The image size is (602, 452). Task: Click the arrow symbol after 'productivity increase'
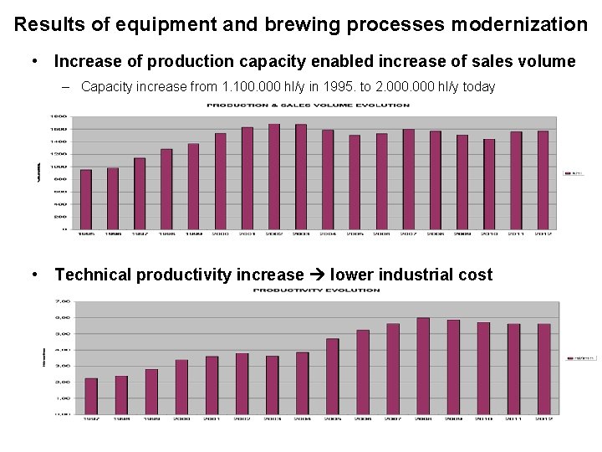point(317,275)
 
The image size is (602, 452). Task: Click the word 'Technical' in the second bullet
point(94,275)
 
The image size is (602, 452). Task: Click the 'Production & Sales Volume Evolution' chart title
point(309,105)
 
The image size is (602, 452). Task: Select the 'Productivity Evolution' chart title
point(317,290)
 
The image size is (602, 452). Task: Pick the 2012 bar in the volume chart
point(543,180)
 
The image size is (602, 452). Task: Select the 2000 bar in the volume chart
point(220,181)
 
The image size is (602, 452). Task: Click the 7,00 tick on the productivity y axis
point(62,301)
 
